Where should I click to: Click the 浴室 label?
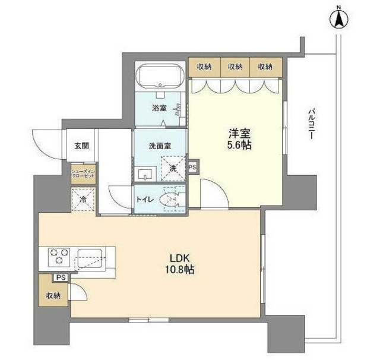pos(159,109)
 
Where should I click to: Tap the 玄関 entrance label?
pos(82,146)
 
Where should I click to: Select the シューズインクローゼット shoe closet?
pos(83,175)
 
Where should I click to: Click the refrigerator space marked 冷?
pos(83,200)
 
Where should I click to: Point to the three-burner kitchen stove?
pos(58,257)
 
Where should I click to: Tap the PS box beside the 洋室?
pos(192,168)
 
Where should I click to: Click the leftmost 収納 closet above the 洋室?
pos(204,67)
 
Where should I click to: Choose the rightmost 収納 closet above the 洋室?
pos(265,67)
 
